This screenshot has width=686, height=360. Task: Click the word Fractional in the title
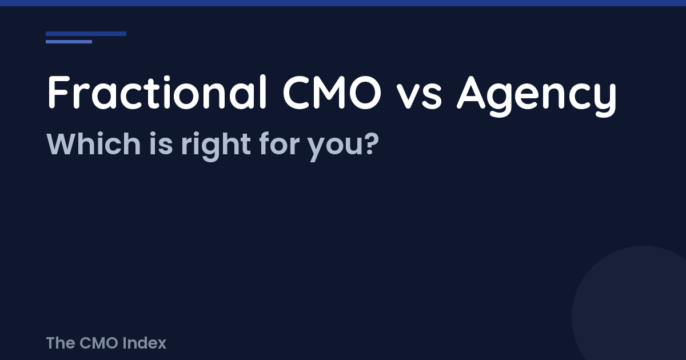pos(157,93)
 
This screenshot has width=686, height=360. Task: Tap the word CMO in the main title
pos(331,93)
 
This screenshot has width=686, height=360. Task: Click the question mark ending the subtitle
pos(372,144)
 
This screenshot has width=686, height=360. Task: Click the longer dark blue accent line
pos(86,34)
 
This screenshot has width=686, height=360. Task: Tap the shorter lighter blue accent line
pos(69,42)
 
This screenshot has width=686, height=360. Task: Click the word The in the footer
pos(60,343)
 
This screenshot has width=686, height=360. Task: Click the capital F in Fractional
pos(58,93)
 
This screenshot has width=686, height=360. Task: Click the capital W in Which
pos(61,144)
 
